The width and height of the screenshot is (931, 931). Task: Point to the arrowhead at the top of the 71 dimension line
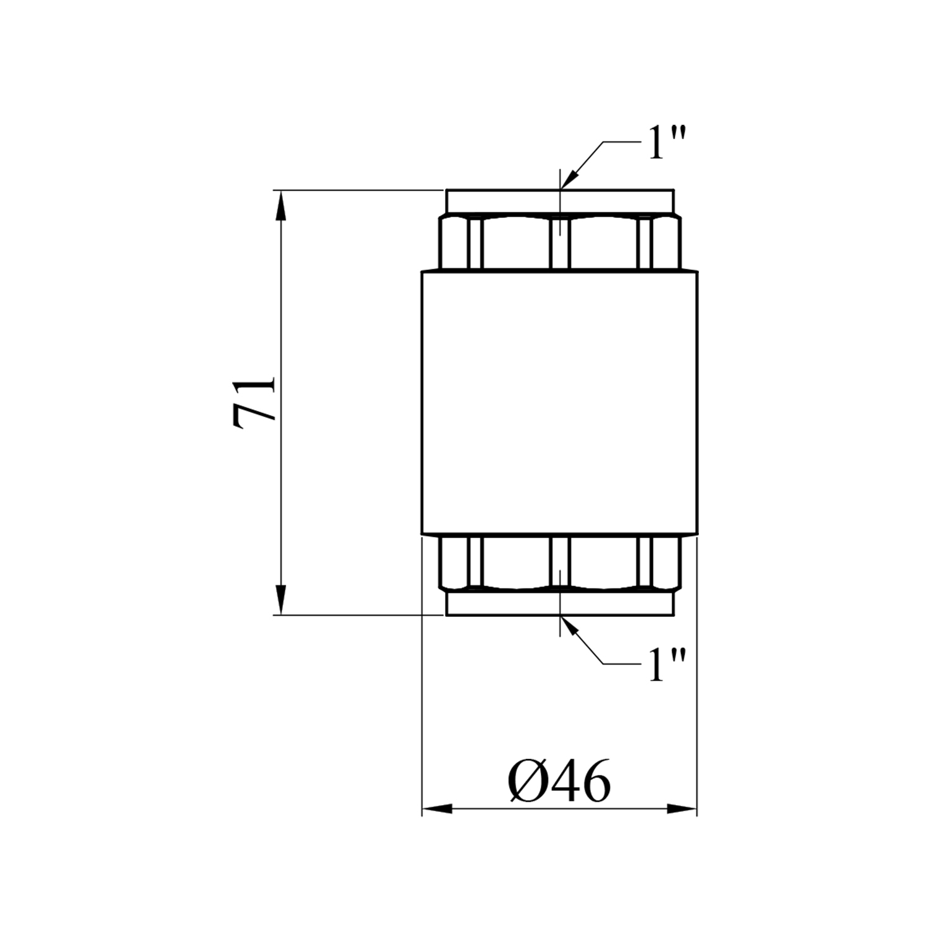click(x=281, y=204)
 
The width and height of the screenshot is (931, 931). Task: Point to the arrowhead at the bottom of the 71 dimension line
click(x=281, y=600)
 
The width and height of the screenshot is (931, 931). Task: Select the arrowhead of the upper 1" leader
click(x=570, y=178)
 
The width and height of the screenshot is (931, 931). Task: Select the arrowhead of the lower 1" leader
click(x=570, y=626)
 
